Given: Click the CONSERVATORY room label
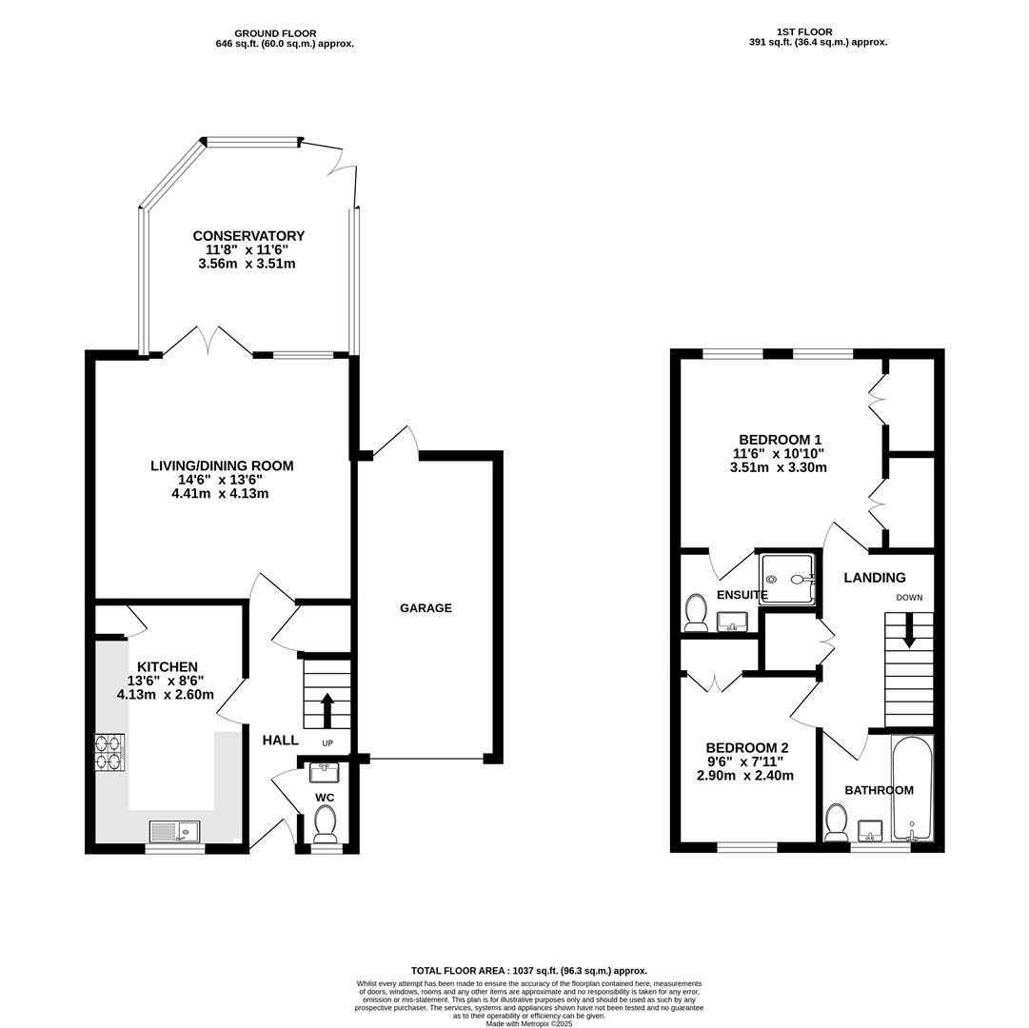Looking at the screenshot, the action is tap(248, 235).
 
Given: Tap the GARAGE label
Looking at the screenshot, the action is tap(425, 608).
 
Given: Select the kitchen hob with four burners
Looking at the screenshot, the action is tap(110, 752).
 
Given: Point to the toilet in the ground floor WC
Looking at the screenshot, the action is tap(325, 824).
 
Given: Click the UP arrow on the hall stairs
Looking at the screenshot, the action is tap(327, 710).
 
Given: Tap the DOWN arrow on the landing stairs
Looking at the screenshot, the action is tap(909, 631).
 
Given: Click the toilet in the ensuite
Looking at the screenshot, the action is tap(695, 613).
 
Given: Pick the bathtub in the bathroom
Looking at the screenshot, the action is tap(912, 788).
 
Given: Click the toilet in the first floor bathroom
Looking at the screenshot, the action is tap(836, 822).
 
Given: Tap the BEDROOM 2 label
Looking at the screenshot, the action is tap(747, 748).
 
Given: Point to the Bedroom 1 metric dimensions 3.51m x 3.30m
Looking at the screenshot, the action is tap(779, 467).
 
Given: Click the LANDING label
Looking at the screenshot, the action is tap(875, 578).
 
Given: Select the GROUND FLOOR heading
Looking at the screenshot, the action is tap(276, 33).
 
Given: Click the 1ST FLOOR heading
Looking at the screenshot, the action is tap(804, 31).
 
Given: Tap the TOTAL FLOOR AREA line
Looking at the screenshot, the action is tap(529, 970).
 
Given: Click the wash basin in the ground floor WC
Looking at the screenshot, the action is tap(324, 773).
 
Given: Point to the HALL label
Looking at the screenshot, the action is tap(281, 740).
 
